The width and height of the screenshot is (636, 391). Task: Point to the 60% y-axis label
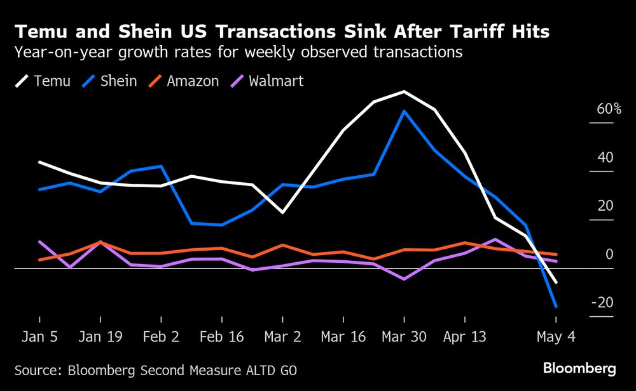click(609, 109)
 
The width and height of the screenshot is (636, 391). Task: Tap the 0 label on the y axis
click(609, 255)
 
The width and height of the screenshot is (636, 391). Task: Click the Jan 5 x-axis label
click(39, 337)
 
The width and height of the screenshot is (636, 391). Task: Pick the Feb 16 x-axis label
click(222, 337)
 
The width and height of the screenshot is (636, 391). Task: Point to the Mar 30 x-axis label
click(404, 337)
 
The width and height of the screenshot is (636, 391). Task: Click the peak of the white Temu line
click(404, 91)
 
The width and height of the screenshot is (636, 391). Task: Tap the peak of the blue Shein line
click(404, 111)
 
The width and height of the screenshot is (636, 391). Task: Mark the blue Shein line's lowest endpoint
click(556, 307)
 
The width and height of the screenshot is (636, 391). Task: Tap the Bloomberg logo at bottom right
click(579, 369)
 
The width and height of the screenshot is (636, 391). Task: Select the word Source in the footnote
click(38, 369)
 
